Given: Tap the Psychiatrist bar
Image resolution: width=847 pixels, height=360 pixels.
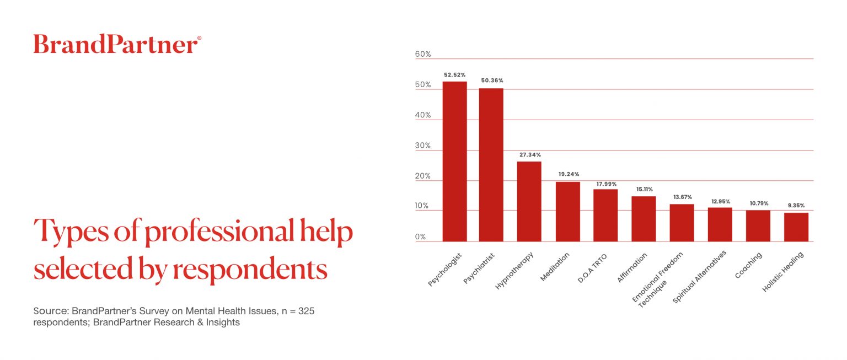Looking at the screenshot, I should point(491,165).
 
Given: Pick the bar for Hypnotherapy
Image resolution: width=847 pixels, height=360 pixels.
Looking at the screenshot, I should point(529,201).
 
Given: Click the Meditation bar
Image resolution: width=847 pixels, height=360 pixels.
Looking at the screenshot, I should point(567,212).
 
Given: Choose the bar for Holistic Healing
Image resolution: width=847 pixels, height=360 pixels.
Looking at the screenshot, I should point(796,227).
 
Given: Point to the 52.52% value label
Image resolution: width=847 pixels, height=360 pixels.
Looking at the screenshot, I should point(454,74).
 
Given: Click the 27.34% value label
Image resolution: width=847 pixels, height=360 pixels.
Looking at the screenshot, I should point(529,155).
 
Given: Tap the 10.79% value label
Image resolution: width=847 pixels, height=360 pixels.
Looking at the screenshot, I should point(758,203).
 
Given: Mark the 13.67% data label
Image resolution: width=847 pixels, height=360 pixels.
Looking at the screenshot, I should point(682,197).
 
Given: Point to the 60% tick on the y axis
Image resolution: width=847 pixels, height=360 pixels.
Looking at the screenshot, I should point(423,55).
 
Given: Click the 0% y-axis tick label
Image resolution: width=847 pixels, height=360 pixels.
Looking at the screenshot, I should point(420,237).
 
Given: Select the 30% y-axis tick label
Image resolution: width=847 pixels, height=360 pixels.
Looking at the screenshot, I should point(423,146).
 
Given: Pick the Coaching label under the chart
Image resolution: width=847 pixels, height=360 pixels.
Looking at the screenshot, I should point(749,265).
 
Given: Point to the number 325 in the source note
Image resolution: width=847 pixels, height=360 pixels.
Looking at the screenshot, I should point(306,311).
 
